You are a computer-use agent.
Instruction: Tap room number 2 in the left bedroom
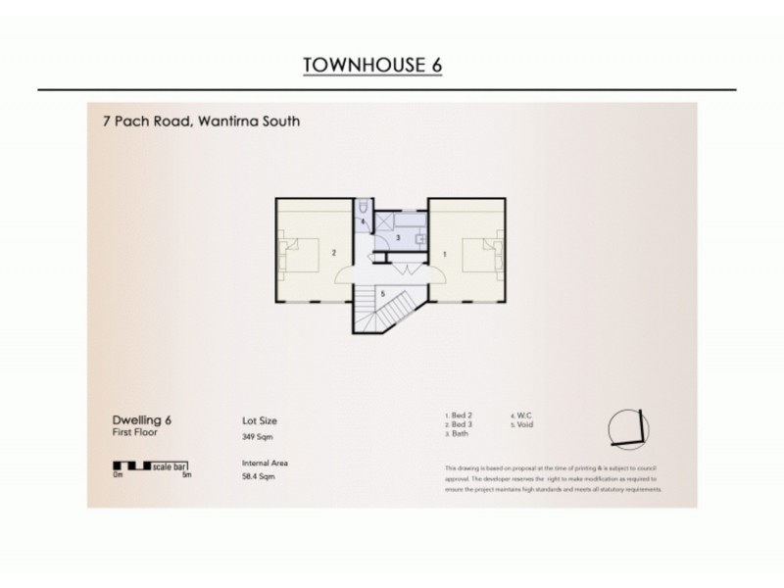click(x=334, y=253)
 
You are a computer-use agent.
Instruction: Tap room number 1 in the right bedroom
click(x=446, y=253)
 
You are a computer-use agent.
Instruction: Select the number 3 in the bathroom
click(x=398, y=238)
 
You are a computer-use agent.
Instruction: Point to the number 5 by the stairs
click(x=383, y=293)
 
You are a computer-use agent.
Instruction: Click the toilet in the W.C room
click(x=364, y=209)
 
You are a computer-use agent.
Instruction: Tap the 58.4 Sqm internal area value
click(x=256, y=477)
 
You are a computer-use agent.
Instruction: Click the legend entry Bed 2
click(x=458, y=416)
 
